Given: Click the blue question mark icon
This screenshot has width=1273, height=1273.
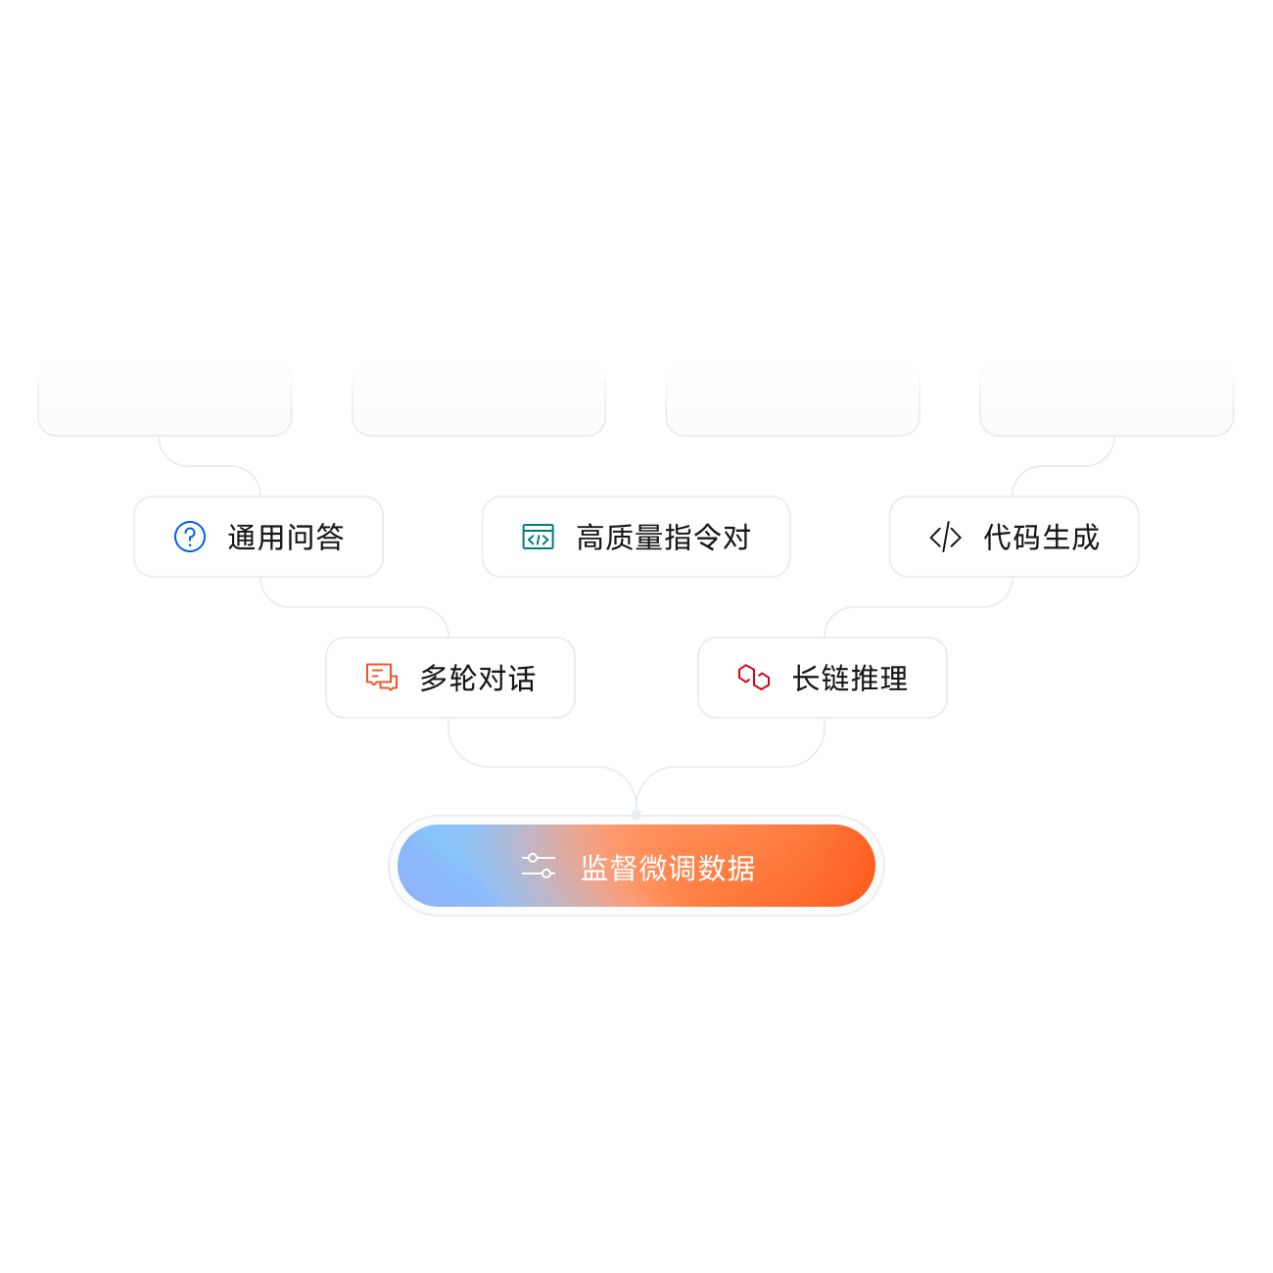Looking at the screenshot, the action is tap(190, 537).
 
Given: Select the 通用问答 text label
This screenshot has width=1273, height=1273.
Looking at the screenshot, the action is tap(285, 537).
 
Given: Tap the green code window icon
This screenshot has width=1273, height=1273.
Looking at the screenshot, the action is tap(538, 537).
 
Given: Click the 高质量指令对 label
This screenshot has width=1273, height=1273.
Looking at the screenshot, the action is tap(663, 537).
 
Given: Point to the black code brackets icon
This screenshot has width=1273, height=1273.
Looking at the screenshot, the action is tap(945, 537).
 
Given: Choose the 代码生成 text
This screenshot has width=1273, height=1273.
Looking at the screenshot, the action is tap(1041, 537).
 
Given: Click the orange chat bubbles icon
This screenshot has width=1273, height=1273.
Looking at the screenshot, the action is tap(382, 677).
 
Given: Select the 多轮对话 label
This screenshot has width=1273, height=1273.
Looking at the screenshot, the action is tap(477, 678).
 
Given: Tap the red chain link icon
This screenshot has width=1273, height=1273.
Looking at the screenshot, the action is tap(754, 677).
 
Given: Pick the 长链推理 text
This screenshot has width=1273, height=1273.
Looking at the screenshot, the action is tap(850, 678).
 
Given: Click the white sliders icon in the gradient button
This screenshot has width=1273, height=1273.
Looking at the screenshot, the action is tap(538, 866).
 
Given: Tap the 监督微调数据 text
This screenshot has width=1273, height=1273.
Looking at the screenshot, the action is tap(668, 868).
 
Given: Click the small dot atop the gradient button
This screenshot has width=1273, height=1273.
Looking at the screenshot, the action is tap(636, 815).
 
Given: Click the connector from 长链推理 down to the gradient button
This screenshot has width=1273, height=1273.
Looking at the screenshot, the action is tap(730, 767).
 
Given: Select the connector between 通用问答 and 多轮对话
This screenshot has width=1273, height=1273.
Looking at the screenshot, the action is tap(354, 606).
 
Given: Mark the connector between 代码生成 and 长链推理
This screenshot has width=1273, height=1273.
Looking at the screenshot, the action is tap(919, 606).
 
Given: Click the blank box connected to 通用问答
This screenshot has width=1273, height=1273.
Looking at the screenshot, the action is tap(165, 398).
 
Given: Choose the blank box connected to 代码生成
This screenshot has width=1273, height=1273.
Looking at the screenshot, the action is tap(1107, 398).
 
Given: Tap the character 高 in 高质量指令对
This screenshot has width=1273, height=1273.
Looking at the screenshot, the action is tap(590, 537).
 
